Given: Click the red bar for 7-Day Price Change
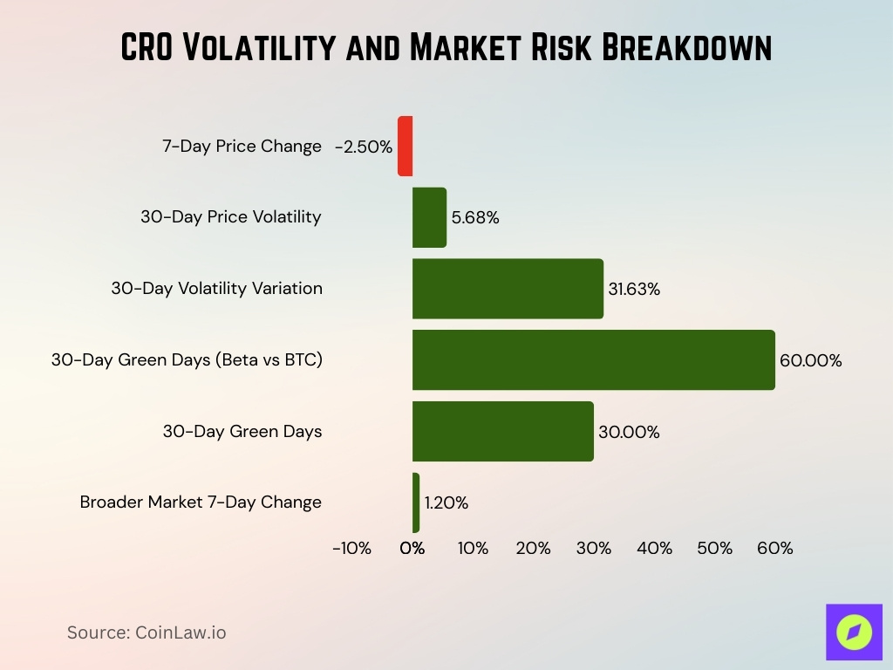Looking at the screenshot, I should [x=405, y=147].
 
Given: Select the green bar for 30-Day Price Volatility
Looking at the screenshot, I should [x=429, y=217].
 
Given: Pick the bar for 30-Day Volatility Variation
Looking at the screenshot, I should [x=508, y=289].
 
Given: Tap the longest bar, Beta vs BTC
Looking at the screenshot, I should [x=593, y=360].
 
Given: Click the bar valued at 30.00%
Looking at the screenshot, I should [x=502, y=432].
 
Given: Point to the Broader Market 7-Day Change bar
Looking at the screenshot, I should [x=416, y=502].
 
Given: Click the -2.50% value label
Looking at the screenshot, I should [x=364, y=147].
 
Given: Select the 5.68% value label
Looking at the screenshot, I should [x=475, y=217].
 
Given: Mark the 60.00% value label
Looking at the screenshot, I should [x=810, y=360].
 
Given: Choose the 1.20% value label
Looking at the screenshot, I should [x=446, y=502].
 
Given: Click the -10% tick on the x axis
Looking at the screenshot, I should [x=351, y=549].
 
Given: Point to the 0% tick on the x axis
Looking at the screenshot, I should [x=412, y=549].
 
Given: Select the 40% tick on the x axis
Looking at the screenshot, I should [x=654, y=549].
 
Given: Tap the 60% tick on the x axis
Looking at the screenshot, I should [x=774, y=549].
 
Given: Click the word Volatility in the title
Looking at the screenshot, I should [x=261, y=48].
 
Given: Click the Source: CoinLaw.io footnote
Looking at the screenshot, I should [x=147, y=632].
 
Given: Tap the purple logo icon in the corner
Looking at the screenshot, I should [x=854, y=632].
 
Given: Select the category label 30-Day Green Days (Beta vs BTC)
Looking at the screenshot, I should [x=187, y=360].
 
